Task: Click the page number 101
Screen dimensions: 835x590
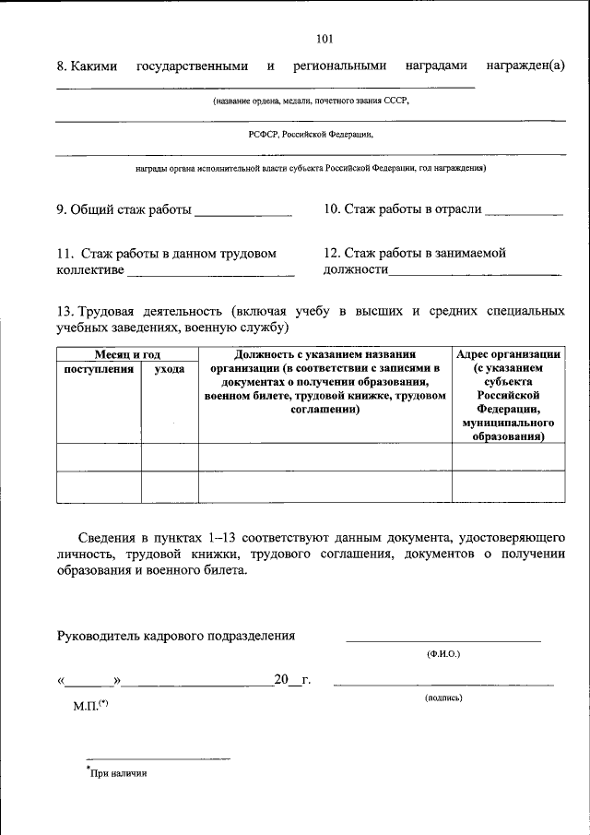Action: pos(324,39)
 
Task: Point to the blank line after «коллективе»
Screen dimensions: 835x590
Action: pos(210,273)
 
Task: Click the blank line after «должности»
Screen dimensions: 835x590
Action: pos(474,273)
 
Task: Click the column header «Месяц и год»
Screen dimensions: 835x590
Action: pos(127,354)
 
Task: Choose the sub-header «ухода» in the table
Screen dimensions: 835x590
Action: pos(169,369)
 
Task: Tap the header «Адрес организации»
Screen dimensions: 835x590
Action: pos(509,354)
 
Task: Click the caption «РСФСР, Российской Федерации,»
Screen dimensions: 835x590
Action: pos(311,134)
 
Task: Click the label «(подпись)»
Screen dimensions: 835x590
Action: pos(443,698)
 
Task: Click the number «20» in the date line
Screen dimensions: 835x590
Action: pos(281,681)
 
